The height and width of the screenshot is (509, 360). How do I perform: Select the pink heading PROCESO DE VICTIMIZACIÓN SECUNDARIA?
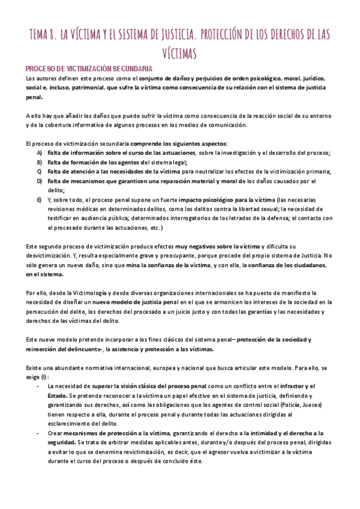tap(89, 69)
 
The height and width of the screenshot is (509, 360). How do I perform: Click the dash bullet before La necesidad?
tap(38, 387)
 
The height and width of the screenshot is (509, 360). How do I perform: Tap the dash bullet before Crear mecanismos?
tap(38, 433)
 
